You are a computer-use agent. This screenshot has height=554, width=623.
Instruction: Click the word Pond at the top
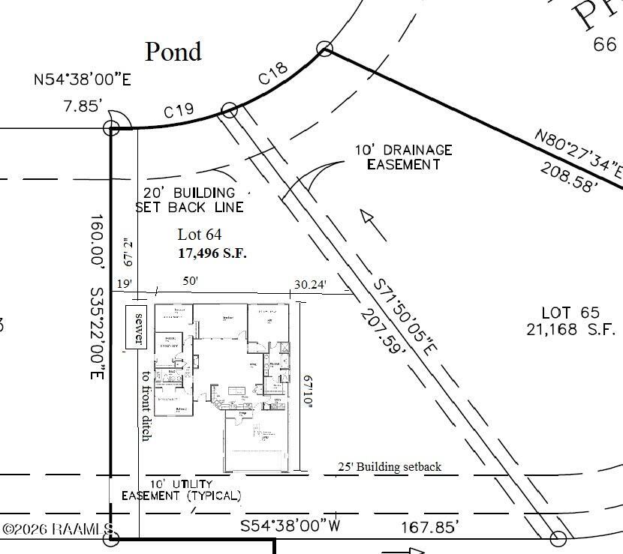(173, 51)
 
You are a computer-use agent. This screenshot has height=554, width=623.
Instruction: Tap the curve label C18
(272, 75)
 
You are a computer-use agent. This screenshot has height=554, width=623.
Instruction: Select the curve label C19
(179, 111)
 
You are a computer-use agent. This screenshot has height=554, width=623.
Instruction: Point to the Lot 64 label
(200, 235)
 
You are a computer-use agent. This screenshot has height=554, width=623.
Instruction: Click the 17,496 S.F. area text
(212, 253)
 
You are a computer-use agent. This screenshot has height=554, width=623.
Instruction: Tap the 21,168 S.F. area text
(570, 329)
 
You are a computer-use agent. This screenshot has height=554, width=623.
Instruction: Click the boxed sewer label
(137, 328)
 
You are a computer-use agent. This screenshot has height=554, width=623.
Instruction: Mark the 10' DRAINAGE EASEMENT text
(404, 157)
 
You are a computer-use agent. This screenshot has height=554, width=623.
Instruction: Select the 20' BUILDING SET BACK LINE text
(189, 200)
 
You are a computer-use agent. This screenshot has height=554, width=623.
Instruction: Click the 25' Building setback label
(389, 467)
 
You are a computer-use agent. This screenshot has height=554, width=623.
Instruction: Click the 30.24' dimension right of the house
(311, 284)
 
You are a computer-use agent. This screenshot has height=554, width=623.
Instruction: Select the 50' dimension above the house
(191, 280)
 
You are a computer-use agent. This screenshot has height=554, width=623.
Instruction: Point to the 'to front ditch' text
(146, 405)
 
